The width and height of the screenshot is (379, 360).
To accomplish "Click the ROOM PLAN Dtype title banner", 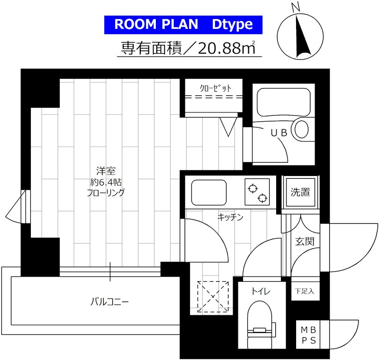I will point(183,25).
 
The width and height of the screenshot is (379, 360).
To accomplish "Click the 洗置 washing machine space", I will point(300,192).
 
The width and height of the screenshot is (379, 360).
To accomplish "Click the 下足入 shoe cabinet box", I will point(305,291).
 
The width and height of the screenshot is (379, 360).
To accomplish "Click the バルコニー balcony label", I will point(109,301).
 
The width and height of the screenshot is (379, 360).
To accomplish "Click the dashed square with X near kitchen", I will point(213,296).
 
